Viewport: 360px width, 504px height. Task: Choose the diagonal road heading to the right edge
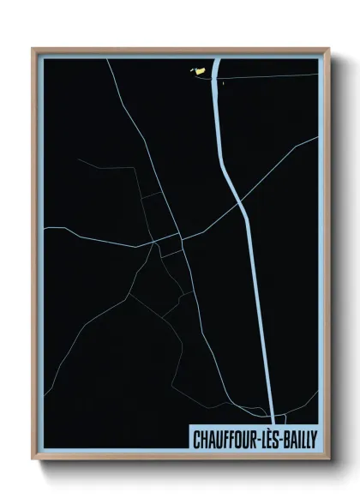[283, 163]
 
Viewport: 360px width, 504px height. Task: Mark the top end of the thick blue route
[216, 60]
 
